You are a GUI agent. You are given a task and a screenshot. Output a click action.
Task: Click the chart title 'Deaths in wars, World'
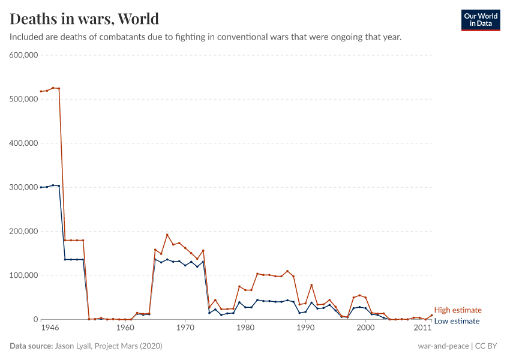tap(85, 18)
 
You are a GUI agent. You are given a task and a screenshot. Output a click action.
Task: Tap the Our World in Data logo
tap(480, 20)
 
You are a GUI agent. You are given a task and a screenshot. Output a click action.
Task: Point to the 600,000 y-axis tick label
tap(24, 55)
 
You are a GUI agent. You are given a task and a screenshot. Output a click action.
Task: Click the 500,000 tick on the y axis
tap(24, 99)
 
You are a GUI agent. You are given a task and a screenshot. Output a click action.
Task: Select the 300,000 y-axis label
tap(24, 187)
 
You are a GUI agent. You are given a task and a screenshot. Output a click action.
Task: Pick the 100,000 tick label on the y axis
tap(24, 275)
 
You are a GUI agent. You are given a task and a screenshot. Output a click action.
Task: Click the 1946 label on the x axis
tap(50, 328)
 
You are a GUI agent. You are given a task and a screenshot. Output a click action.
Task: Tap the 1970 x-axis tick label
tap(185, 328)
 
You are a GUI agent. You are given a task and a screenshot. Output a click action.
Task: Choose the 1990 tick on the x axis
tap(305, 328)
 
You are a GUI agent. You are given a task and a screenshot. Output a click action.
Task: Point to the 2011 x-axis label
tap(423, 328)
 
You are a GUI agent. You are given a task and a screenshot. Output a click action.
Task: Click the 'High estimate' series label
tap(458, 310)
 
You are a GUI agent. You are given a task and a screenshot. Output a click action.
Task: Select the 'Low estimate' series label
tap(457, 321)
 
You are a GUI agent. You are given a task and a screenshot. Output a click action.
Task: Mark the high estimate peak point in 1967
tap(167, 235)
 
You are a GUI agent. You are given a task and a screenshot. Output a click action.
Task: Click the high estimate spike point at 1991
tap(311, 285)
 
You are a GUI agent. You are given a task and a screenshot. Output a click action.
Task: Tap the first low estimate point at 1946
tap(41, 187)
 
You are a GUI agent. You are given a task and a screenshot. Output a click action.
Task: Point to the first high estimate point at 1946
tap(41, 91)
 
